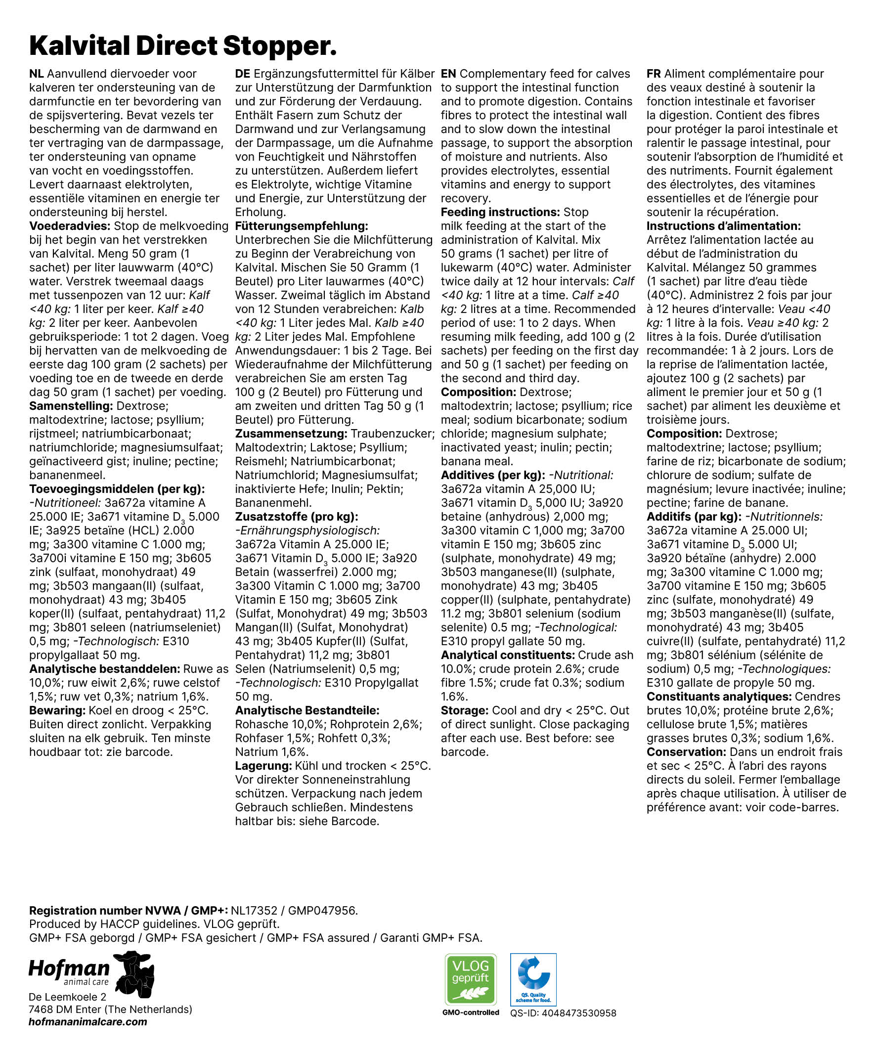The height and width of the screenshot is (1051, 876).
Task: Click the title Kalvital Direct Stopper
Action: (x=183, y=46)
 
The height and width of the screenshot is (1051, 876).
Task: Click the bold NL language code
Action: (x=36, y=74)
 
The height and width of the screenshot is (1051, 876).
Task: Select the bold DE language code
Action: (x=242, y=74)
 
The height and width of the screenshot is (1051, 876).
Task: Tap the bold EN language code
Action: (x=448, y=74)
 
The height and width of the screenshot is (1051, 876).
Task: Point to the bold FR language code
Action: (x=653, y=74)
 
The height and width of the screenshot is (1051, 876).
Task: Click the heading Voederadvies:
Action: (x=70, y=226)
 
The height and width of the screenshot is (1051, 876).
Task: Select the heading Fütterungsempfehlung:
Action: (x=302, y=226)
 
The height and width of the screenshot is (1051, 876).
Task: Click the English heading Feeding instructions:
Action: (x=500, y=212)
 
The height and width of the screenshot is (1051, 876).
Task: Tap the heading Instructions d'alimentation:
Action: (x=723, y=226)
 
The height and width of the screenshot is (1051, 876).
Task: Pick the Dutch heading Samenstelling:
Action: (x=71, y=406)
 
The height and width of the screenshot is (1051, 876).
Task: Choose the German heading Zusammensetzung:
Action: (x=291, y=434)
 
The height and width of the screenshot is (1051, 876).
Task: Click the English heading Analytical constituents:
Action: (x=508, y=655)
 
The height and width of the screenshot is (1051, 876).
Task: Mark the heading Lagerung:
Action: (x=263, y=766)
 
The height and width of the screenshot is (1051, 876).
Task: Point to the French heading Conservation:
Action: (x=686, y=752)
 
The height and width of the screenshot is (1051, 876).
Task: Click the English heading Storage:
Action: (x=464, y=711)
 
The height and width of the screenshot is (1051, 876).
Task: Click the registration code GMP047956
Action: (x=323, y=911)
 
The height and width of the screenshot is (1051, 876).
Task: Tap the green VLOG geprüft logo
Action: (x=471, y=979)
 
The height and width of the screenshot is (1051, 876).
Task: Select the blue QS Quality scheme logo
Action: (x=533, y=979)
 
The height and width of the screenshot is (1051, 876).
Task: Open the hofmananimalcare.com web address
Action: (x=88, y=1022)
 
